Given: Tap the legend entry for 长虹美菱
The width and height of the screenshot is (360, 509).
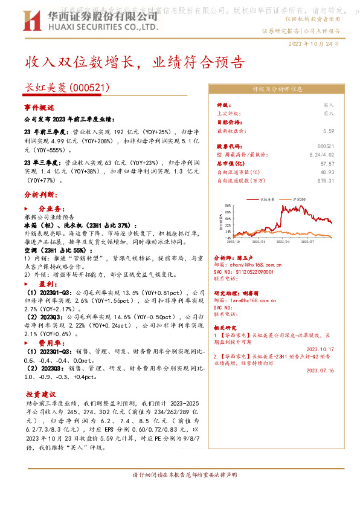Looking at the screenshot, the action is [266, 199].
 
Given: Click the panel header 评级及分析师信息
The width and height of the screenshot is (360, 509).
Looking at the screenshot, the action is [277, 89].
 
